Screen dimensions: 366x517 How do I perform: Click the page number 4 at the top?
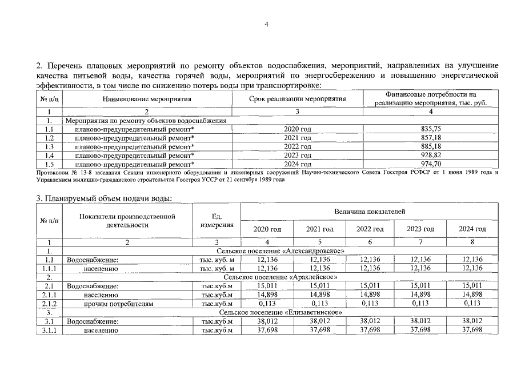pos(266,24)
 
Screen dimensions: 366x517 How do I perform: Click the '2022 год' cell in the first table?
pos(297,146)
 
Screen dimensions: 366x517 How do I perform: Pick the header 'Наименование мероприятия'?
pos(147,98)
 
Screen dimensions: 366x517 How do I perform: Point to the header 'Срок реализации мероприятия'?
pos(298,98)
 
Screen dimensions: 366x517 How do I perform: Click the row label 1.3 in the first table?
pos(49,146)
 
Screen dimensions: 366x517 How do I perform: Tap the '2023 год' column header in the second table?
pos(420,229)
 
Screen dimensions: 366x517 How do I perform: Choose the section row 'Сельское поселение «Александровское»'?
pos(279,251)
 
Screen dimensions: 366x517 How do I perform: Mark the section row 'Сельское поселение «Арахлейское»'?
pos(279,277)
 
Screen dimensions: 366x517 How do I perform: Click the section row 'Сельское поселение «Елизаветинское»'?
pos(279,313)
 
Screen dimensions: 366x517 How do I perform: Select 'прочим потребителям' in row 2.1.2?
pos(118,304)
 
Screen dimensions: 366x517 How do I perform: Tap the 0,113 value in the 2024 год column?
pos(472,304)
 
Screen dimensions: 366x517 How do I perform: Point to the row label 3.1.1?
pos(50,330)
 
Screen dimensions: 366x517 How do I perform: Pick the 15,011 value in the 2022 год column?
pos(370,286)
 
